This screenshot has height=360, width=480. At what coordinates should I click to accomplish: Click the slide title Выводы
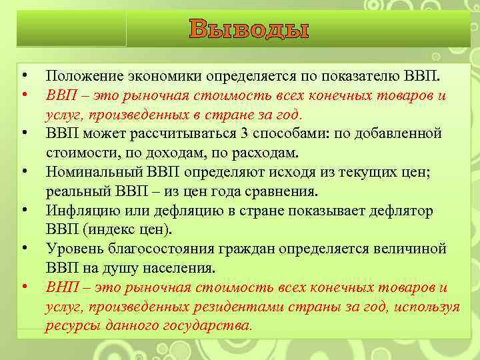pyautogui.click(x=249, y=29)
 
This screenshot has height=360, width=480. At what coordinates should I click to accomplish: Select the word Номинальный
pyautogui.click(x=91, y=172)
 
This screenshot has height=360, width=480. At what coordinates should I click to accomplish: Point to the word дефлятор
pyautogui.click(x=401, y=211)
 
